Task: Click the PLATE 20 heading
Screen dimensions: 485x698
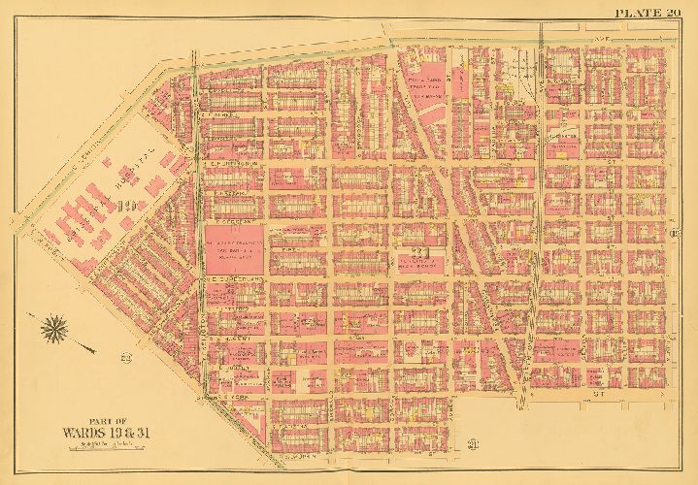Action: tap(647, 12)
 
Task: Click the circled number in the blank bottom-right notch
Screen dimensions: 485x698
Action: tap(472, 445)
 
